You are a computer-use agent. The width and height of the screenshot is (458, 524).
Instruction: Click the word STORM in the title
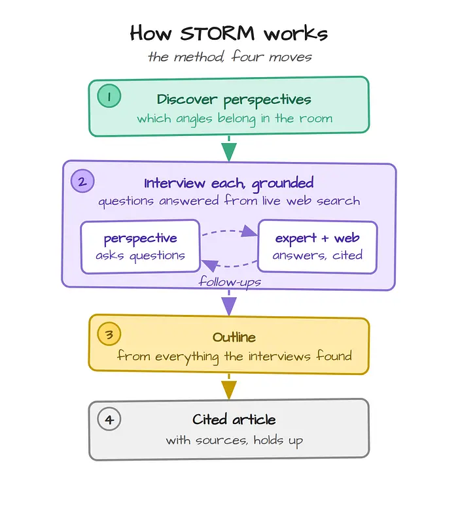click(x=217, y=33)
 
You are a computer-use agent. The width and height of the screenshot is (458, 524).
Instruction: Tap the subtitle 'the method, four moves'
click(x=230, y=56)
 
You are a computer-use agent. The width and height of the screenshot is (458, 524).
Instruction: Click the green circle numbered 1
click(x=109, y=96)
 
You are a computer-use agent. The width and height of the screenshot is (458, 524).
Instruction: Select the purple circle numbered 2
click(x=82, y=181)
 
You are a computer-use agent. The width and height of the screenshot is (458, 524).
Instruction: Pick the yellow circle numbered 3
click(x=109, y=334)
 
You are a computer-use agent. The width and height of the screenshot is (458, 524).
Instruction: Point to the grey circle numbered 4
click(x=109, y=419)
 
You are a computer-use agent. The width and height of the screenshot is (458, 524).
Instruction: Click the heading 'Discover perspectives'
click(x=234, y=99)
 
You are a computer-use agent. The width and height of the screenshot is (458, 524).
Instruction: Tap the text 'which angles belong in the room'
click(x=234, y=119)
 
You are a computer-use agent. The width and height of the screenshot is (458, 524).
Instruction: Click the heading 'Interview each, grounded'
click(x=229, y=184)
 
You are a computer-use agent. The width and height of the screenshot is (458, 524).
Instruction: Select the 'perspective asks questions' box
click(x=141, y=246)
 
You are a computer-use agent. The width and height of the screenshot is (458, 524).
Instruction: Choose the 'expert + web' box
click(x=317, y=246)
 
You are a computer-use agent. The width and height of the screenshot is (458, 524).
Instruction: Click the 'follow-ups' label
click(x=230, y=282)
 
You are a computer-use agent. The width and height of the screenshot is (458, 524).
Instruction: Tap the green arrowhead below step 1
click(x=229, y=152)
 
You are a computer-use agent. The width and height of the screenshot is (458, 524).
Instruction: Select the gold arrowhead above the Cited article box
click(x=229, y=390)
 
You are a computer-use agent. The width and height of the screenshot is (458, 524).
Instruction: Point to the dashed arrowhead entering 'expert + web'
click(x=249, y=231)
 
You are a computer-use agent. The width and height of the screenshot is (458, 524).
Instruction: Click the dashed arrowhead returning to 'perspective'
click(x=210, y=265)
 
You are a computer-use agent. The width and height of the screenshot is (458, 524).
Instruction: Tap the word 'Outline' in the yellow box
click(x=234, y=337)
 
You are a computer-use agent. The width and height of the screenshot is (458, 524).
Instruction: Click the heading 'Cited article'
click(x=234, y=419)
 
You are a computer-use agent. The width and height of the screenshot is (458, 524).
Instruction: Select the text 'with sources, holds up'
click(x=234, y=440)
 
